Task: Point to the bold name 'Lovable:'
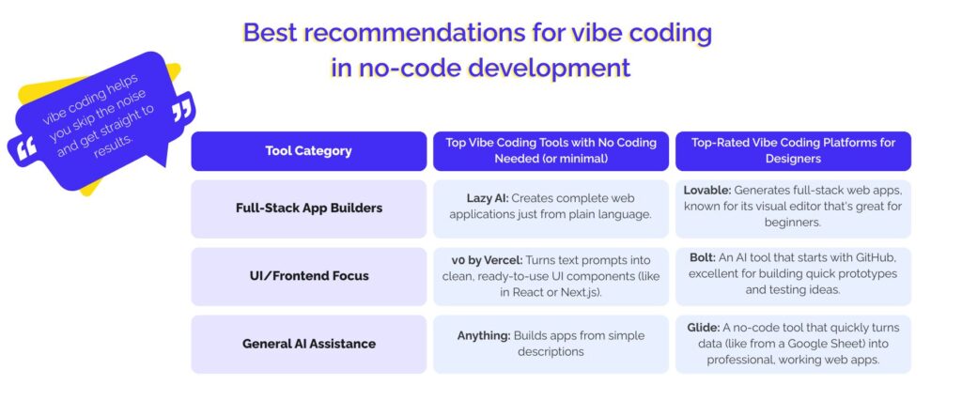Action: point(707,190)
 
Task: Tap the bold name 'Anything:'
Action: point(484,335)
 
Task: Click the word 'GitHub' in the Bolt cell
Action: point(873,257)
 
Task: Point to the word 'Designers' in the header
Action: point(793,160)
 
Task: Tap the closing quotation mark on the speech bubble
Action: point(182,110)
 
